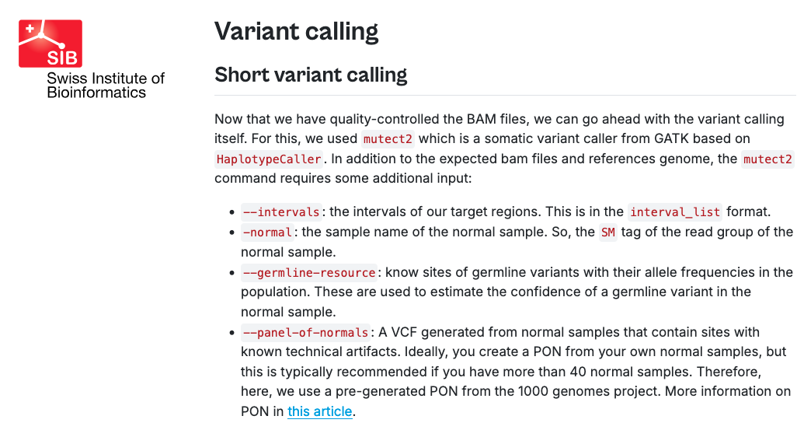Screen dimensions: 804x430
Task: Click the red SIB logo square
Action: click(x=50, y=44)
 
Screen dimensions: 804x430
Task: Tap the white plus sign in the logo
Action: click(x=30, y=29)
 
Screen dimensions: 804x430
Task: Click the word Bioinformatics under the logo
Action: click(x=96, y=93)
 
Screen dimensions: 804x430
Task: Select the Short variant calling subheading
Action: click(x=311, y=75)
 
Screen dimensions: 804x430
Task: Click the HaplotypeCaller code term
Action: click(x=269, y=159)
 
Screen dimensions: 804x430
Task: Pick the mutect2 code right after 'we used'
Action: click(x=388, y=139)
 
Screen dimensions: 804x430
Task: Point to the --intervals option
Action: click(x=281, y=212)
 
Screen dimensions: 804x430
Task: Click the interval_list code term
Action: click(x=675, y=212)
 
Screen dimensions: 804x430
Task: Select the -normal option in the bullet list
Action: click(x=268, y=232)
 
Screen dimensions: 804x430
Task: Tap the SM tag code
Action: click(x=608, y=232)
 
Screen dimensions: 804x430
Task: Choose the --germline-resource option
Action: click(x=309, y=272)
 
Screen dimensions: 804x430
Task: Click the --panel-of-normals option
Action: click(x=305, y=333)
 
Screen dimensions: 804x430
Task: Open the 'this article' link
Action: click(x=320, y=411)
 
